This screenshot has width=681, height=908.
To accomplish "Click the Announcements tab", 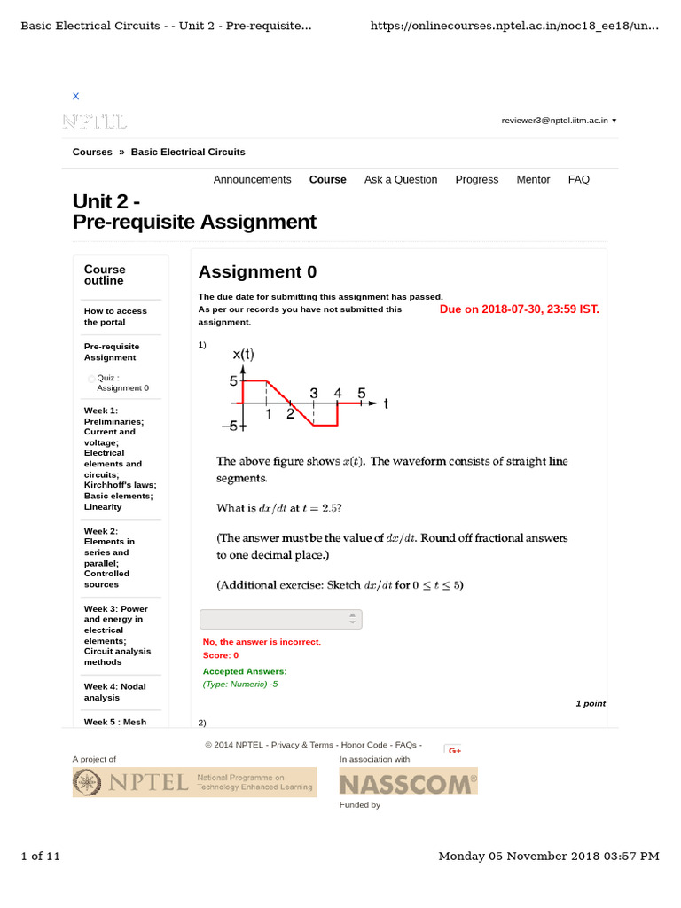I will point(252,179).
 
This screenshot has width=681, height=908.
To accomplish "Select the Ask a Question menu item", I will point(400,179).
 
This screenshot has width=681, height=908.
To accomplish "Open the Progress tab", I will point(476,179).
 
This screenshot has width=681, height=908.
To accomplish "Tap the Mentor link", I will point(533,179).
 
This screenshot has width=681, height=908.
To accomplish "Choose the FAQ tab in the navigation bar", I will point(578,179).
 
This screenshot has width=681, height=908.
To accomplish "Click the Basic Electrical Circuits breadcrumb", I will point(188,152).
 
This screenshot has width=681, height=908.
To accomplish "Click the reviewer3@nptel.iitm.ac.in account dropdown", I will point(559,120).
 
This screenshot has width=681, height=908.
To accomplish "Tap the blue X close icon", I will point(75,96).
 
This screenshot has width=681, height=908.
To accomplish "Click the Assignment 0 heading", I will point(257,271).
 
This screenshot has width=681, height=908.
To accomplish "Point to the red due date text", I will point(519,309).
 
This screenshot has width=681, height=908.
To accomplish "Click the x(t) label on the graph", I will point(243,355).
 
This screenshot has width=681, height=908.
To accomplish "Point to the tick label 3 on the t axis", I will point(313,392).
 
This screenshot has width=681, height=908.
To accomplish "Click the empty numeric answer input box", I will point(280,619).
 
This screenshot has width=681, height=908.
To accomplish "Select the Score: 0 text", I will point(221,654).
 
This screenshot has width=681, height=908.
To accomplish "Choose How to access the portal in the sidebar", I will point(115,317).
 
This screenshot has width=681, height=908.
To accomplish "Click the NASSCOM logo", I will point(408,781).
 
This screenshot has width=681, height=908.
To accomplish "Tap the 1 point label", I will point(590,703).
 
